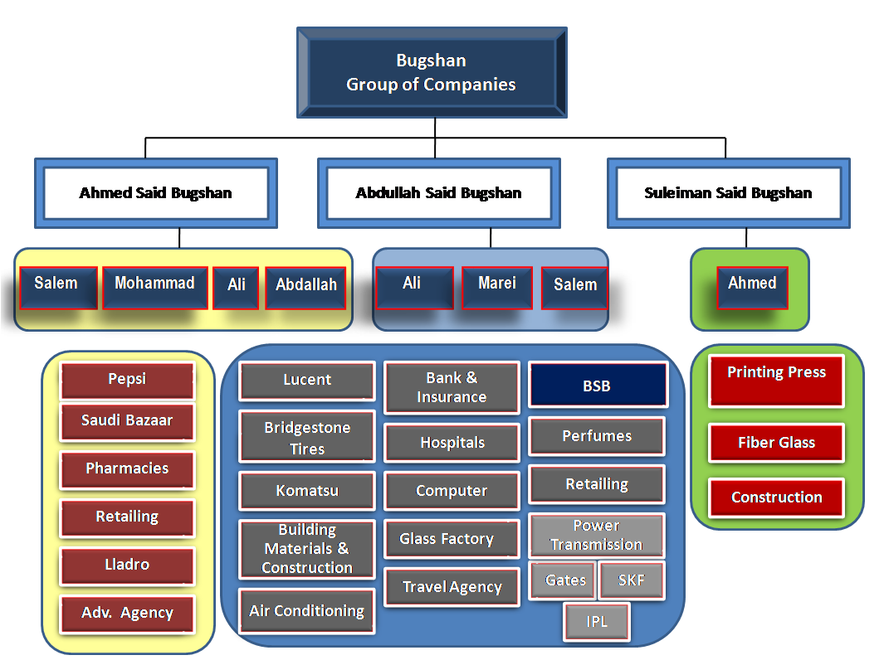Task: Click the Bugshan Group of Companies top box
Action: click(432, 73)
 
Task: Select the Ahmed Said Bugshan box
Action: click(155, 193)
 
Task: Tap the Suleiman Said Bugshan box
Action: click(729, 193)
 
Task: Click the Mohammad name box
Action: click(155, 288)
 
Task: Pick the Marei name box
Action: click(496, 288)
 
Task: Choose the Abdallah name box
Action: click(305, 288)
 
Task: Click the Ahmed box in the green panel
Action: click(752, 288)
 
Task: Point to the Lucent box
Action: click(307, 381)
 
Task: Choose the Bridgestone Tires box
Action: click(307, 437)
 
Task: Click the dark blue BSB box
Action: click(598, 386)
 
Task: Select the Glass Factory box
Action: click(452, 539)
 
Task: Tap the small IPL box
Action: click(597, 622)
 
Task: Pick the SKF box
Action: click(632, 580)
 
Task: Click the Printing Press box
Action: click(776, 381)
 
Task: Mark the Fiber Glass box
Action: click(776, 444)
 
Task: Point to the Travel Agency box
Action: click(452, 587)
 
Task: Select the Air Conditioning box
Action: click(307, 612)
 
